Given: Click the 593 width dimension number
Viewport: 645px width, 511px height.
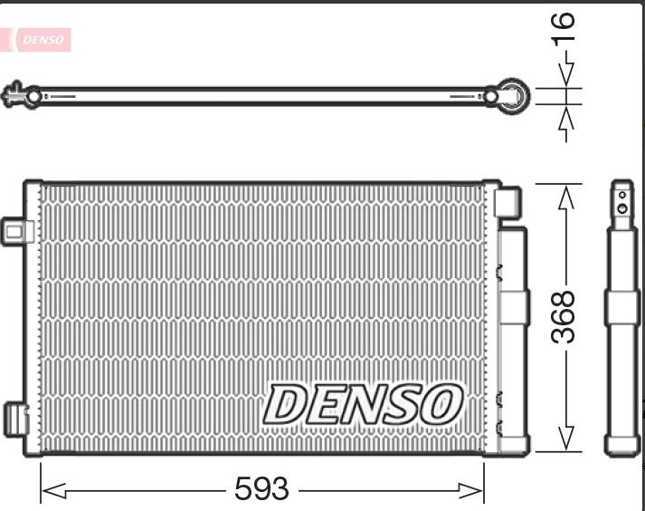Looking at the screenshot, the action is (x=262, y=488).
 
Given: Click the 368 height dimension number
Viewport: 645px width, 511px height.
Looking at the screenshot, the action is (x=563, y=317).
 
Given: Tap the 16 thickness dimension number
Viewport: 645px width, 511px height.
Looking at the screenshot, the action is (x=563, y=27).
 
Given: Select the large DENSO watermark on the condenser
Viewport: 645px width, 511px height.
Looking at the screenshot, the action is (x=363, y=404).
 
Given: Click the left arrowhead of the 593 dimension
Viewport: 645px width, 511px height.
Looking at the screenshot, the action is (x=53, y=491).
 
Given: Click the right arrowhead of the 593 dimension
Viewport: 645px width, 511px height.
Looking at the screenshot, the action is (x=471, y=490).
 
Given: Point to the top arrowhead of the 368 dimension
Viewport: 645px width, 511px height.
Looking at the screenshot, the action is (x=566, y=198).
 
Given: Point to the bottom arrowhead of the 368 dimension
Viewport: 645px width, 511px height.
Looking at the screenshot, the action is (x=566, y=439).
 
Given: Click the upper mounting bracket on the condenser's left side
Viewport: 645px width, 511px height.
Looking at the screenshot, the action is (x=16, y=232).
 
